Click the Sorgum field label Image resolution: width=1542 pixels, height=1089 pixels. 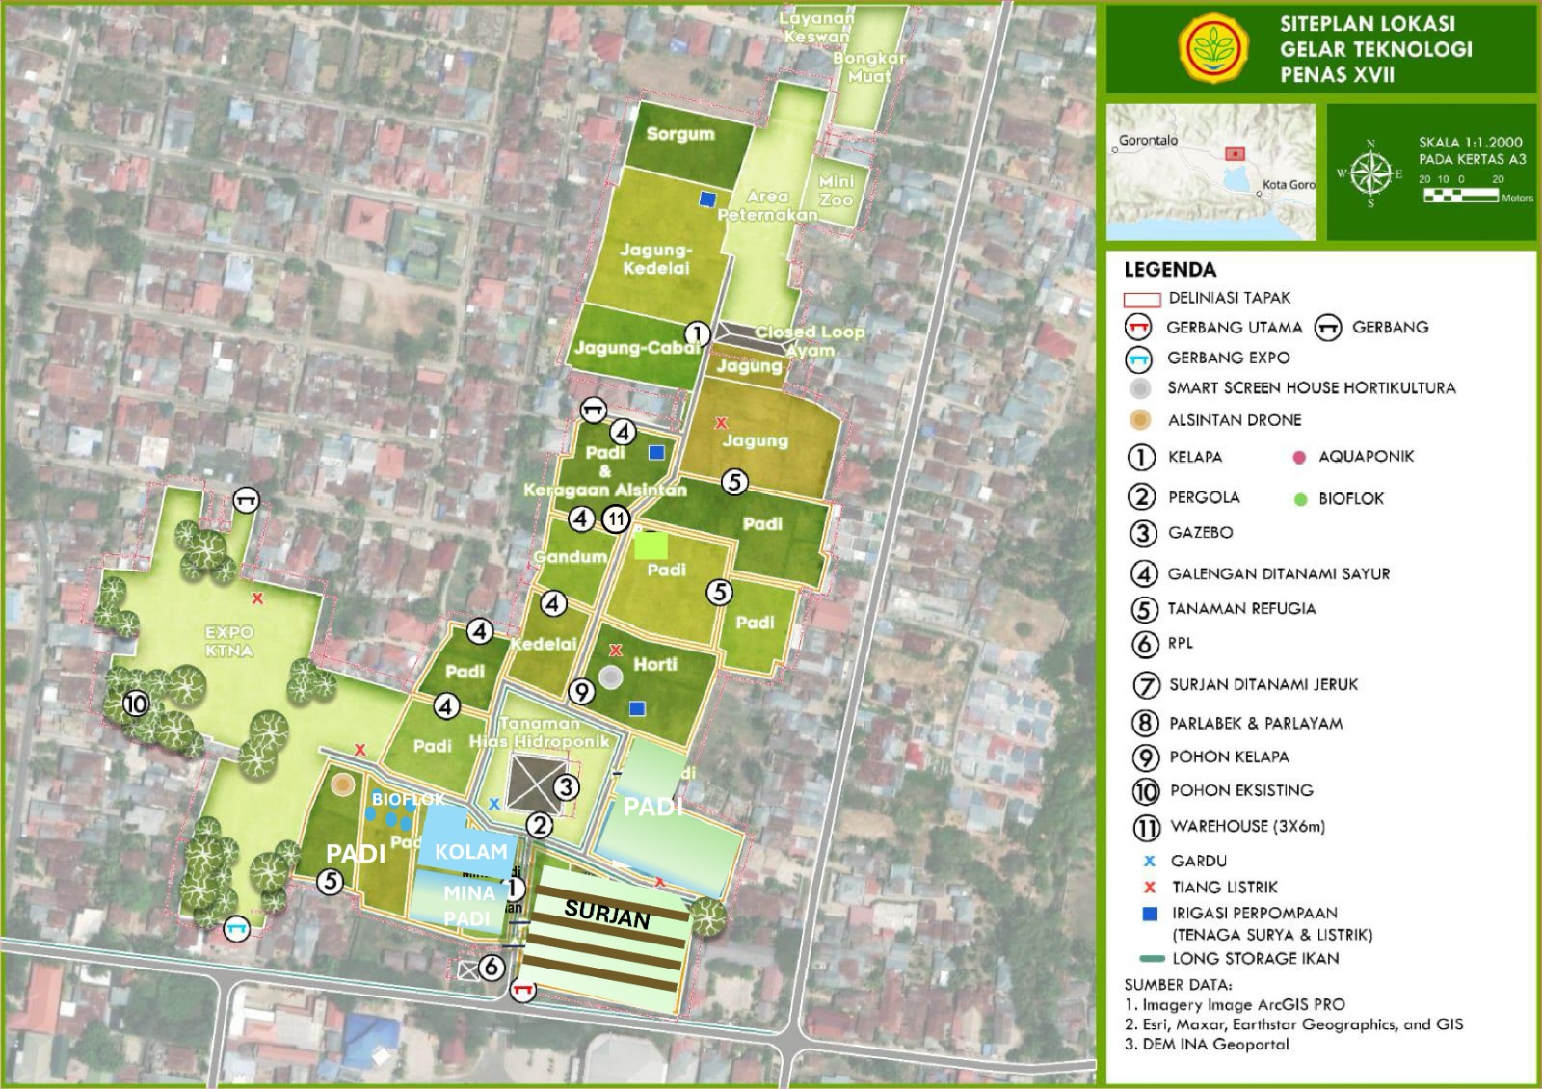[x=680, y=134]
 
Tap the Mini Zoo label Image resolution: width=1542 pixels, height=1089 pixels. [x=836, y=190]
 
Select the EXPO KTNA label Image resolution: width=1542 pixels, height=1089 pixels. [x=229, y=641]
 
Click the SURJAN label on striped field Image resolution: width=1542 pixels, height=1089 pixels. [x=607, y=912]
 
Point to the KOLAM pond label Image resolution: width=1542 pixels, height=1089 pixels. [x=470, y=851]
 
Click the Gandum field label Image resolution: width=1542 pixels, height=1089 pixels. [x=571, y=557]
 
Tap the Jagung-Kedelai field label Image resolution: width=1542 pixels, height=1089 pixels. [x=655, y=258]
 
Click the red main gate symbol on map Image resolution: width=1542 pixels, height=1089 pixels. [x=523, y=990]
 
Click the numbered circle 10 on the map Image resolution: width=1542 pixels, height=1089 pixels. [x=136, y=704]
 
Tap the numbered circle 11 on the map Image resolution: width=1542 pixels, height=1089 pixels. [x=616, y=519]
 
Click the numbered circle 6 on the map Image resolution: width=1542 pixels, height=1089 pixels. [x=492, y=966]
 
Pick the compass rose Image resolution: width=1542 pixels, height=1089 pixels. [x=1370, y=173]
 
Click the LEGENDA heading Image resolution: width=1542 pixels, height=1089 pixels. [x=1170, y=270]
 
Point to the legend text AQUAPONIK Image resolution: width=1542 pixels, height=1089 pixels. [x=1366, y=456]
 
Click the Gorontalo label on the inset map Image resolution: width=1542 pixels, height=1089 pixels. [x=1148, y=140]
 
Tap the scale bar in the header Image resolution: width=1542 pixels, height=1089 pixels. [x=1460, y=196]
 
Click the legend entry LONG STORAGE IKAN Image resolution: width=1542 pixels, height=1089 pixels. [x=1255, y=958]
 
